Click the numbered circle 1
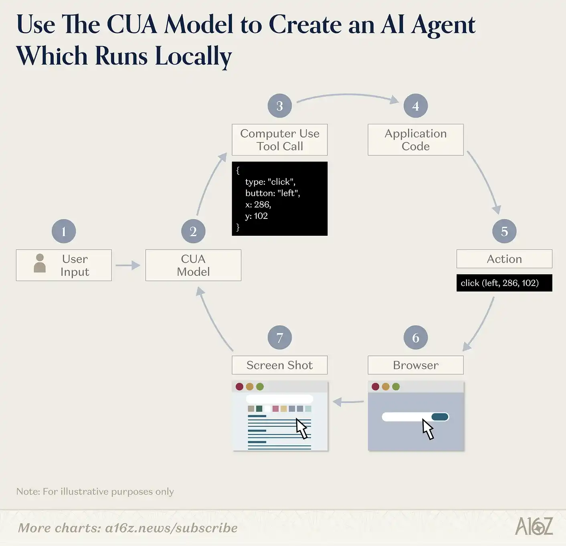click(x=64, y=231)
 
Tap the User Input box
click(x=64, y=265)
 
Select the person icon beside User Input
click(x=40, y=263)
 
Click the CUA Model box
click(x=193, y=265)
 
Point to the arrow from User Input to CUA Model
click(x=127, y=265)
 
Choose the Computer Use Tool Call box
click(x=279, y=140)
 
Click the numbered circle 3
click(x=279, y=106)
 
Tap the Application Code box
click(x=415, y=140)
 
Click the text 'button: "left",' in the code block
click(x=273, y=193)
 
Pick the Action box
click(x=504, y=259)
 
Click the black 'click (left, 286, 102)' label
click(x=504, y=283)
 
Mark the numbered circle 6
click(x=415, y=338)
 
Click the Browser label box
click(x=415, y=365)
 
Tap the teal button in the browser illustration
click(x=440, y=417)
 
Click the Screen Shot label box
click(x=279, y=365)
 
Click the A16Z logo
click(x=534, y=526)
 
